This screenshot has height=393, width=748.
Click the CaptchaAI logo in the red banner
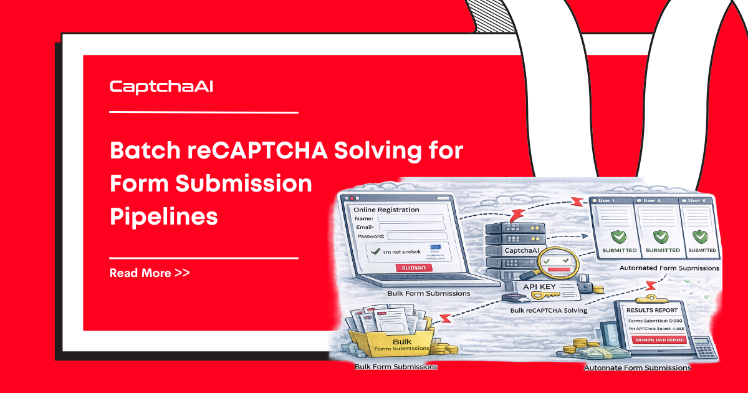(x=161, y=87)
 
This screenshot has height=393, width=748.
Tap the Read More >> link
(x=150, y=273)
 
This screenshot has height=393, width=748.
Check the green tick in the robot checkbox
(x=375, y=251)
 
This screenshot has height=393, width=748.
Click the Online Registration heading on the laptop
(x=386, y=210)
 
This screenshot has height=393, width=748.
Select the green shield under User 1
(x=617, y=236)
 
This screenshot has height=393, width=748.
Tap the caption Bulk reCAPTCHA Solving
(x=549, y=310)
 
